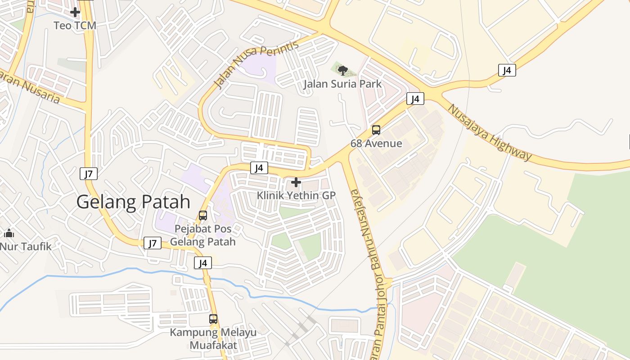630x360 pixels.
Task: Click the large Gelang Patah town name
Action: click(133, 202)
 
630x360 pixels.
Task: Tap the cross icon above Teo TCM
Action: click(75, 12)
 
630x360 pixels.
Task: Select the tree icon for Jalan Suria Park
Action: click(342, 70)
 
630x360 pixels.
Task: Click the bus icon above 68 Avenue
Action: click(376, 130)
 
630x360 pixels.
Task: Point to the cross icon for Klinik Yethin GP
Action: click(296, 182)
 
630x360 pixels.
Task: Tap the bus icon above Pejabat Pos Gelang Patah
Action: click(203, 216)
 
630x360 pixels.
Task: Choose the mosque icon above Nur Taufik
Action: click(9, 233)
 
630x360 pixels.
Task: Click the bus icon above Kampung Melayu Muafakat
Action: click(213, 319)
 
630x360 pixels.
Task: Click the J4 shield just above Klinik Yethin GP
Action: click(259, 168)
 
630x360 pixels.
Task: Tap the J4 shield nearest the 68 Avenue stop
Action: click(415, 99)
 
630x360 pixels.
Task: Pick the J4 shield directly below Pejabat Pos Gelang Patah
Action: click(203, 263)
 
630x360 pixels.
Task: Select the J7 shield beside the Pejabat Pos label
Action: click(153, 243)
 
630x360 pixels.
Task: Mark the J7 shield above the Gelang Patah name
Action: click(89, 174)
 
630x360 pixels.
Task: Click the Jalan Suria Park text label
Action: click(342, 84)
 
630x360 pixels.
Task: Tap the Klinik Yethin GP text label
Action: click(296, 196)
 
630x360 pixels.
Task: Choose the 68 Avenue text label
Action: click(376, 144)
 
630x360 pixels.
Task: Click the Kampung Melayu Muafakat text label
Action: click(213, 339)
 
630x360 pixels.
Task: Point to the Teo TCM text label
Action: click(75, 26)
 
